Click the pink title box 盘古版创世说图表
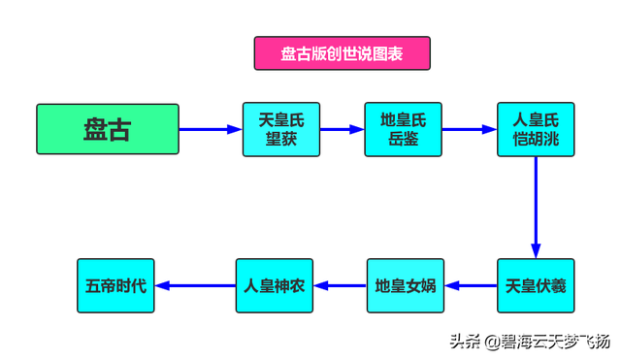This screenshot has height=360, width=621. point(342,53)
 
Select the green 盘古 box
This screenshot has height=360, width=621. point(108,129)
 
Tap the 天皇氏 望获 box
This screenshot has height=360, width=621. point(280,129)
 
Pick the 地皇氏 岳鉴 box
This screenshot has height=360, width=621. point(402,129)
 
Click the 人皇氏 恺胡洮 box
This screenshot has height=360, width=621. point(535,129)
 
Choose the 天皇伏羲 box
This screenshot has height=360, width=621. point(535,285)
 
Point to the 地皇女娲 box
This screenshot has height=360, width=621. point(405,285)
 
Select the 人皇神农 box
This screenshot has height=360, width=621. point(275,285)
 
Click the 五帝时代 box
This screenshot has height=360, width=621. point(115,285)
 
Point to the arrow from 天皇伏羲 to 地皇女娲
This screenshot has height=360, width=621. point(471,285)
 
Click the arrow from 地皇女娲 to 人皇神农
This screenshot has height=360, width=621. point(340,285)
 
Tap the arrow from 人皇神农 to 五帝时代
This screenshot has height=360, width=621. point(195,285)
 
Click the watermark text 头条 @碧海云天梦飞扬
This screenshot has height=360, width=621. point(529,341)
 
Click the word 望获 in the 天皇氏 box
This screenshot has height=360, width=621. point(280,139)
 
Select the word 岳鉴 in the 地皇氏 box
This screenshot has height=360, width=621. point(402,139)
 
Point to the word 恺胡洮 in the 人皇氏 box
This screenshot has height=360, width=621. point(535,139)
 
